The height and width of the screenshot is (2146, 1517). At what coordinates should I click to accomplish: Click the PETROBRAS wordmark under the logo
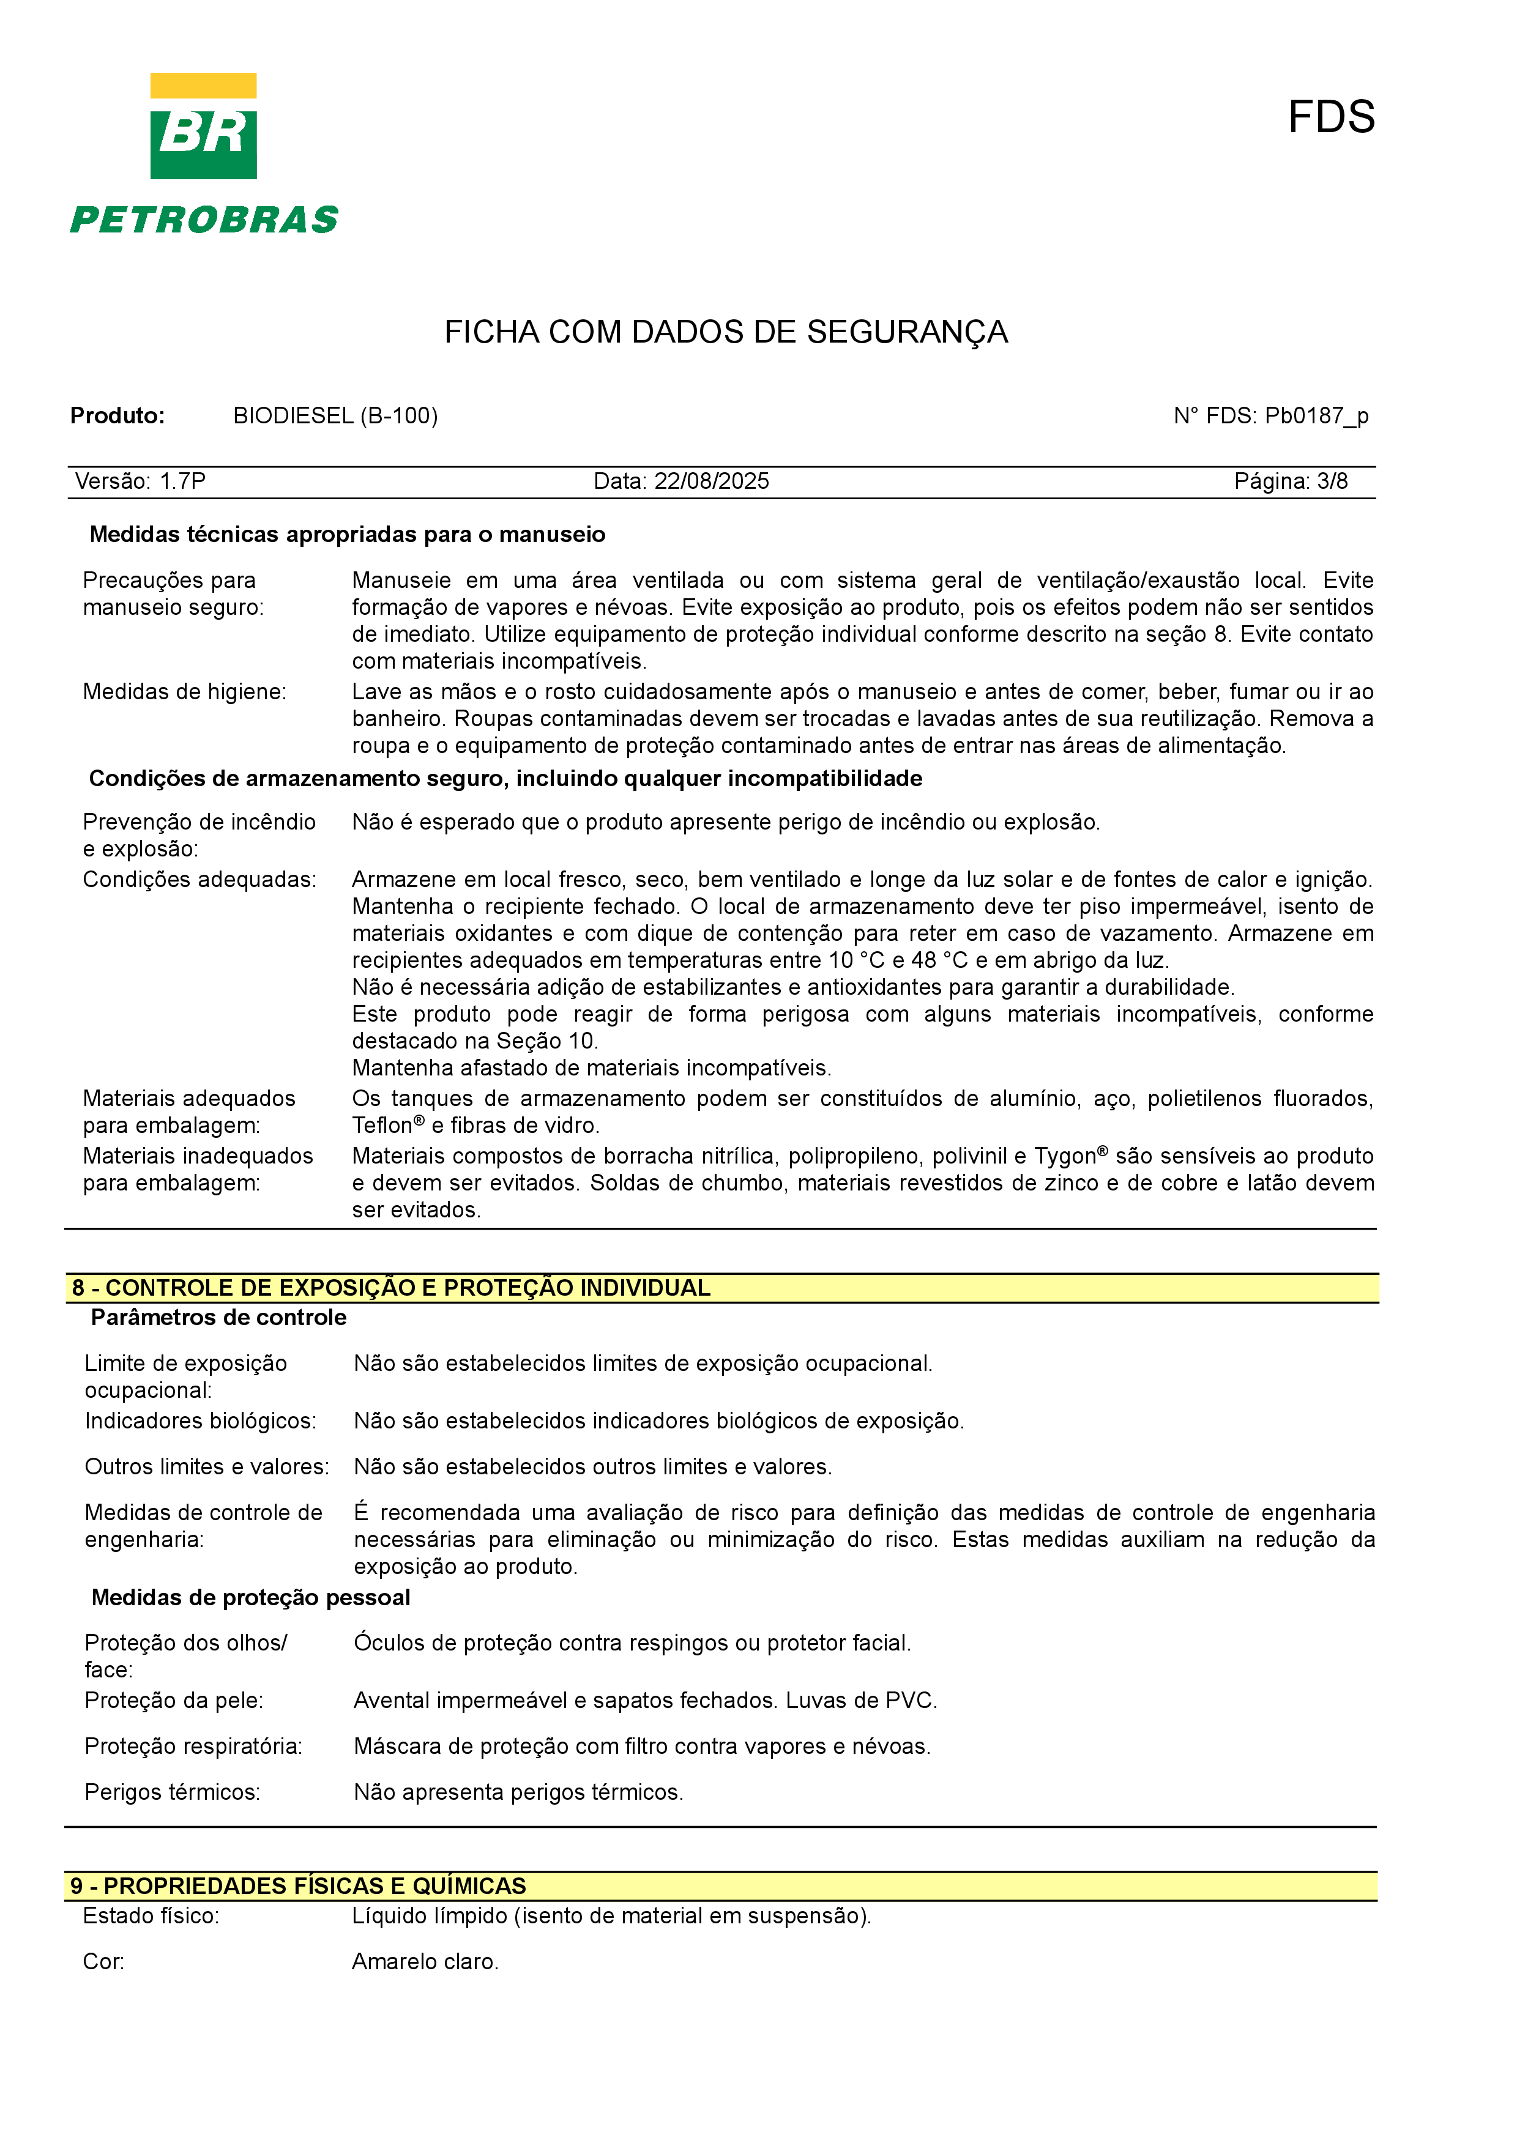(204, 221)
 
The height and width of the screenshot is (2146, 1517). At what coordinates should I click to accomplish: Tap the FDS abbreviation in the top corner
(1330, 118)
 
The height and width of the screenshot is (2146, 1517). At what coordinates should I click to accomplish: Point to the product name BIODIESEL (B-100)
(335, 416)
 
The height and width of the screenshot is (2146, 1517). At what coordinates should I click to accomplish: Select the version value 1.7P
(182, 481)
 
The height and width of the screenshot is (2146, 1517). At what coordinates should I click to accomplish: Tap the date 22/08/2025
(711, 481)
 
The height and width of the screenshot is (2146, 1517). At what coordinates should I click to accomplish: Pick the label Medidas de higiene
(184, 692)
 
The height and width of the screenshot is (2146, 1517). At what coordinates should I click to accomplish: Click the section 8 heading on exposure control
(390, 1288)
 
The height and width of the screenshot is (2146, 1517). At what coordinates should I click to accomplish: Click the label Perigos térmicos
(172, 1792)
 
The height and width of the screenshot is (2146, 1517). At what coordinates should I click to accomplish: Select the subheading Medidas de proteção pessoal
(250, 1597)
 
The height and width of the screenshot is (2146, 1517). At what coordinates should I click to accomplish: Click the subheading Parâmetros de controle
(218, 1318)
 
